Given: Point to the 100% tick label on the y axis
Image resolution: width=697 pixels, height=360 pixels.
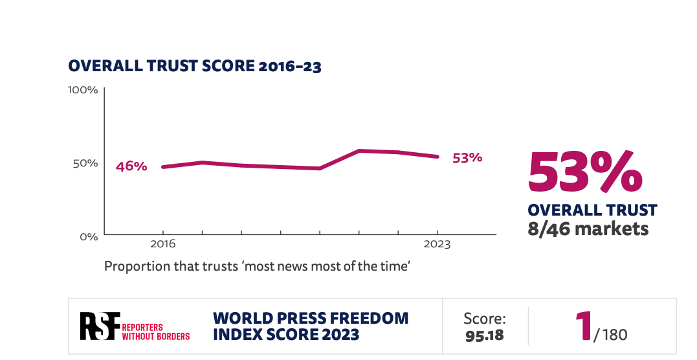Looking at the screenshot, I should click(83, 90).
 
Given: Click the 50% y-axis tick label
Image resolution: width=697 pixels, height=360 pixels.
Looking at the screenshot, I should click(85, 163).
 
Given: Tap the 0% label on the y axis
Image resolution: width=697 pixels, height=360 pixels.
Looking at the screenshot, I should click(88, 237).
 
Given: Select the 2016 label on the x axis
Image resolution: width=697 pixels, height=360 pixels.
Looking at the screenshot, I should click(162, 245).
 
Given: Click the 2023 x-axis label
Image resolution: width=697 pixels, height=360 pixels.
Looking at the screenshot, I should click(437, 245).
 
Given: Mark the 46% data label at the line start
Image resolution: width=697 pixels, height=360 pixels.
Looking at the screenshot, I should click(131, 166).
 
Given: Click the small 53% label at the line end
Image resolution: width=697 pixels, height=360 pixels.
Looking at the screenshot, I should click(467, 157).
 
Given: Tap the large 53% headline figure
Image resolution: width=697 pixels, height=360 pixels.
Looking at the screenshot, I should click(586, 172).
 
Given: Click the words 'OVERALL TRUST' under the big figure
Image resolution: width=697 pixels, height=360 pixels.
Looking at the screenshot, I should click(592, 210).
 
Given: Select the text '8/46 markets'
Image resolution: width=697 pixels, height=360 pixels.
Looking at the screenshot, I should click(588, 229).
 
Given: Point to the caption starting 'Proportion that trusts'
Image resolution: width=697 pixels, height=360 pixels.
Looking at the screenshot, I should click(257, 266).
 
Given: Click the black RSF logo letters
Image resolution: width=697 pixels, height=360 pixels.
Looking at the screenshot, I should click(100, 326).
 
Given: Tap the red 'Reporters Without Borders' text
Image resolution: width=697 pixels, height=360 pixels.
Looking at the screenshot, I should click(156, 332).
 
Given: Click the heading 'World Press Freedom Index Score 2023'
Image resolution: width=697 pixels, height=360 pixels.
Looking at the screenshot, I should click(311, 326).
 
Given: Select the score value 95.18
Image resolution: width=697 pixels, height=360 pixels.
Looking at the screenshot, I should click(484, 336).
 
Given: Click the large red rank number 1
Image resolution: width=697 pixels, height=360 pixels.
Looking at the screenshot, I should click(584, 326).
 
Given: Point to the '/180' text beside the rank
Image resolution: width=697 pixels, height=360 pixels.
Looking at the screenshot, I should click(610, 335).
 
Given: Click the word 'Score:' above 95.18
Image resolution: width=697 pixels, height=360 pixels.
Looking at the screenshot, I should click(484, 319).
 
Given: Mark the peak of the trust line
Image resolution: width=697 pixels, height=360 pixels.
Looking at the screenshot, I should click(359, 151).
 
